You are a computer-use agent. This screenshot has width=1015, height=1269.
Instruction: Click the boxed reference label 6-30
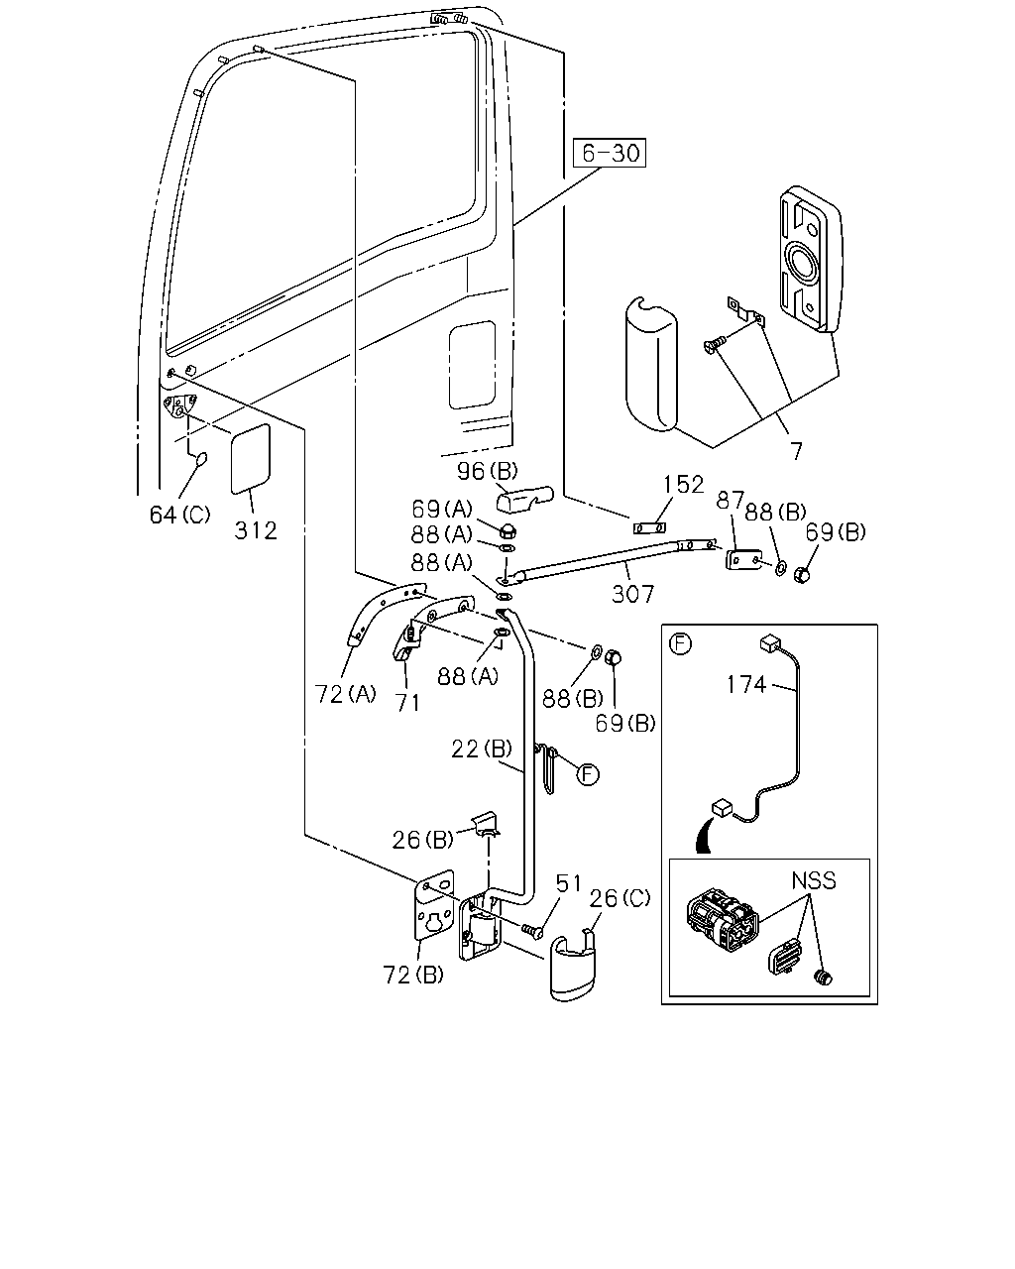(x=610, y=153)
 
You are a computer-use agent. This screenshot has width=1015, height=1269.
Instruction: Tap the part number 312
(x=256, y=530)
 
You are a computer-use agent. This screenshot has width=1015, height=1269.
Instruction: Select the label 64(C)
(x=179, y=515)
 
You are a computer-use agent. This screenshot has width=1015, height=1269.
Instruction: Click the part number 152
(x=684, y=484)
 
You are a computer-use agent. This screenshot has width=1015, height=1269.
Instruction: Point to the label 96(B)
(x=487, y=471)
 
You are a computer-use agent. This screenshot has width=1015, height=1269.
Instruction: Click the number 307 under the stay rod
(x=632, y=594)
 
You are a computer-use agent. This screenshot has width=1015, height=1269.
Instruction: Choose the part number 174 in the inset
(x=746, y=685)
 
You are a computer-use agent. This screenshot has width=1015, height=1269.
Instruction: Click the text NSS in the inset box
(x=814, y=880)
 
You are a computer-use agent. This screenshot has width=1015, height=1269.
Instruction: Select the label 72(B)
(x=413, y=975)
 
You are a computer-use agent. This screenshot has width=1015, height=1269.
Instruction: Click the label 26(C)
(x=620, y=898)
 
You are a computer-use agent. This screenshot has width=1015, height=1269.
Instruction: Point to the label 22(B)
(x=482, y=749)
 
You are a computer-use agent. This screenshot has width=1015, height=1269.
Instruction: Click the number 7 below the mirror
(x=796, y=452)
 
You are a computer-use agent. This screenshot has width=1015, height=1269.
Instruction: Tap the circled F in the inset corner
(x=680, y=643)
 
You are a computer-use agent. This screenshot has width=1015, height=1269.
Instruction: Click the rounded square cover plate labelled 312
(x=250, y=459)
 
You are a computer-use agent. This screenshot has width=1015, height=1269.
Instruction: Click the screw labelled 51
(x=532, y=931)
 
